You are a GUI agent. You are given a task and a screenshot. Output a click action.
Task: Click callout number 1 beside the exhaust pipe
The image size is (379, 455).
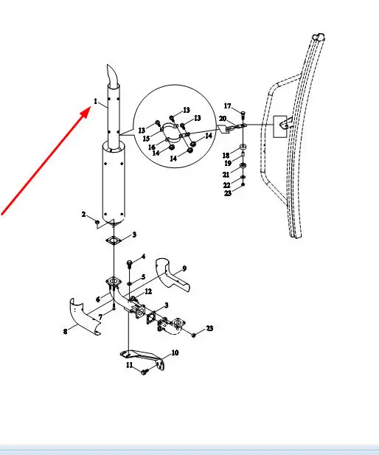click(x=95, y=101)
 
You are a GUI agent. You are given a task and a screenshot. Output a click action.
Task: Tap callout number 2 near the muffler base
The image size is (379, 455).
click(x=83, y=214)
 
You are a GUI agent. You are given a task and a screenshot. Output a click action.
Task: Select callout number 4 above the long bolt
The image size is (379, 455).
click(x=143, y=257)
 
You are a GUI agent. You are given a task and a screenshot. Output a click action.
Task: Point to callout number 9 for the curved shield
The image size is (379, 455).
click(x=184, y=268)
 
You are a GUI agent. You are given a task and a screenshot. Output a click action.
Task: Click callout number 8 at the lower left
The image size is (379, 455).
click(x=66, y=331)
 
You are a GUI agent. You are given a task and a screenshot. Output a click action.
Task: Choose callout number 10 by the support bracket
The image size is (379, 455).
click(x=175, y=352)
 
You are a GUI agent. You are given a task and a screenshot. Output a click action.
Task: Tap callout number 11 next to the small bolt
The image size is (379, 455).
click(x=130, y=365)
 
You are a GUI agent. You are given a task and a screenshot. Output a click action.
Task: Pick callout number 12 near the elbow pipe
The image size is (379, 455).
click(x=148, y=291)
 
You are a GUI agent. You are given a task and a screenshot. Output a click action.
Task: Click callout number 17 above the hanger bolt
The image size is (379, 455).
click(x=228, y=106)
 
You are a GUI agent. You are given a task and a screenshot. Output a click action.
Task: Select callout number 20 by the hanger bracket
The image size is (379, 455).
click(x=223, y=119)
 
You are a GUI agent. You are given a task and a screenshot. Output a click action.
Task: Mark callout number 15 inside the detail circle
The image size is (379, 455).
click(x=146, y=139)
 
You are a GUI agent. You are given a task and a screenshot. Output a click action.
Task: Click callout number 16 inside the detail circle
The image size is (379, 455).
click(x=152, y=147)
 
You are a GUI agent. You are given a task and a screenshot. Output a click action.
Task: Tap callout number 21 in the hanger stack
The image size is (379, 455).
click(x=226, y=174)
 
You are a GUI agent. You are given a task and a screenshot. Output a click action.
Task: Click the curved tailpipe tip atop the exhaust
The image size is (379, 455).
click(x=112, y=75)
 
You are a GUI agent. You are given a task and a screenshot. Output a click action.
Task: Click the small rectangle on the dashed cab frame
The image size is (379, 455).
click(x=280, y=127)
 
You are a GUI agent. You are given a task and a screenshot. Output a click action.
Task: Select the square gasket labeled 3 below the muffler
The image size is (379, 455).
click(x=113, y=240)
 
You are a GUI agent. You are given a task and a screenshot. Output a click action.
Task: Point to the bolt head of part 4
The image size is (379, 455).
click(x=130, y=263)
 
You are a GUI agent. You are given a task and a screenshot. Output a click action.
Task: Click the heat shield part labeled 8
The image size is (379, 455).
click(x=84, y=316)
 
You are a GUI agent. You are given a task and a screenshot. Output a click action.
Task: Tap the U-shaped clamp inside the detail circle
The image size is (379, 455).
click(x=170, y=127)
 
